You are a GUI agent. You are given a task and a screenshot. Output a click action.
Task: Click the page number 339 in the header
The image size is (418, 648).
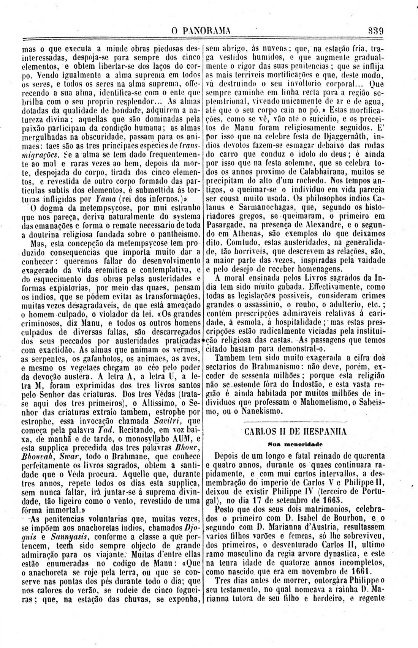375,31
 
